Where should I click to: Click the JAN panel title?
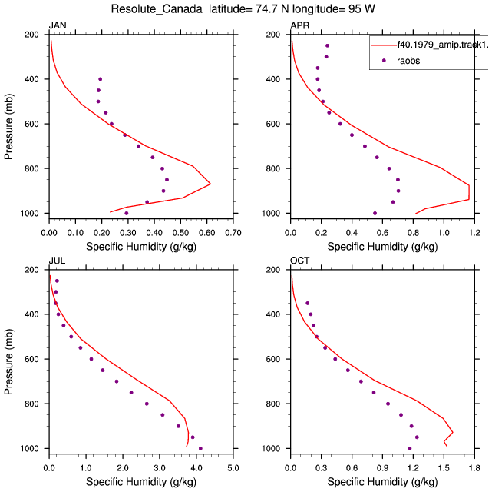[58, 25]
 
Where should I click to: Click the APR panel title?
[299, 25]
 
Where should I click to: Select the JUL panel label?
[57, 261]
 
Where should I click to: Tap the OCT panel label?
[299, 261]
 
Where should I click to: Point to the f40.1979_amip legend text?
[443, 45]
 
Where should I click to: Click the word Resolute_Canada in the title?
[157, 9]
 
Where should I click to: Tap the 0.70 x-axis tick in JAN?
[233, 233]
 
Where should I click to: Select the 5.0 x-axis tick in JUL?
[233, 468]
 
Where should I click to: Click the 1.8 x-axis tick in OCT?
[474, 468]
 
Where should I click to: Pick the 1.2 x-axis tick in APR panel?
[474, 233]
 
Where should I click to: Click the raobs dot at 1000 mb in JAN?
[126, 213]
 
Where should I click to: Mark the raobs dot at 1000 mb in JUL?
[200, 448]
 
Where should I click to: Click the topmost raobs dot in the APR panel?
[327, 45]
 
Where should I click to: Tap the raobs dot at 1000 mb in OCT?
[409, 448]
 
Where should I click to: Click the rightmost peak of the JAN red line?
[210, 184]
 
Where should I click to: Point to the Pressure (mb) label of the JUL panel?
[8, 362]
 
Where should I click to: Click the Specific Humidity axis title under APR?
[382, 247]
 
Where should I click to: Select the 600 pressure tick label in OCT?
[272, 359]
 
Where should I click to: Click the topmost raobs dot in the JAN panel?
[100, 79]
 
